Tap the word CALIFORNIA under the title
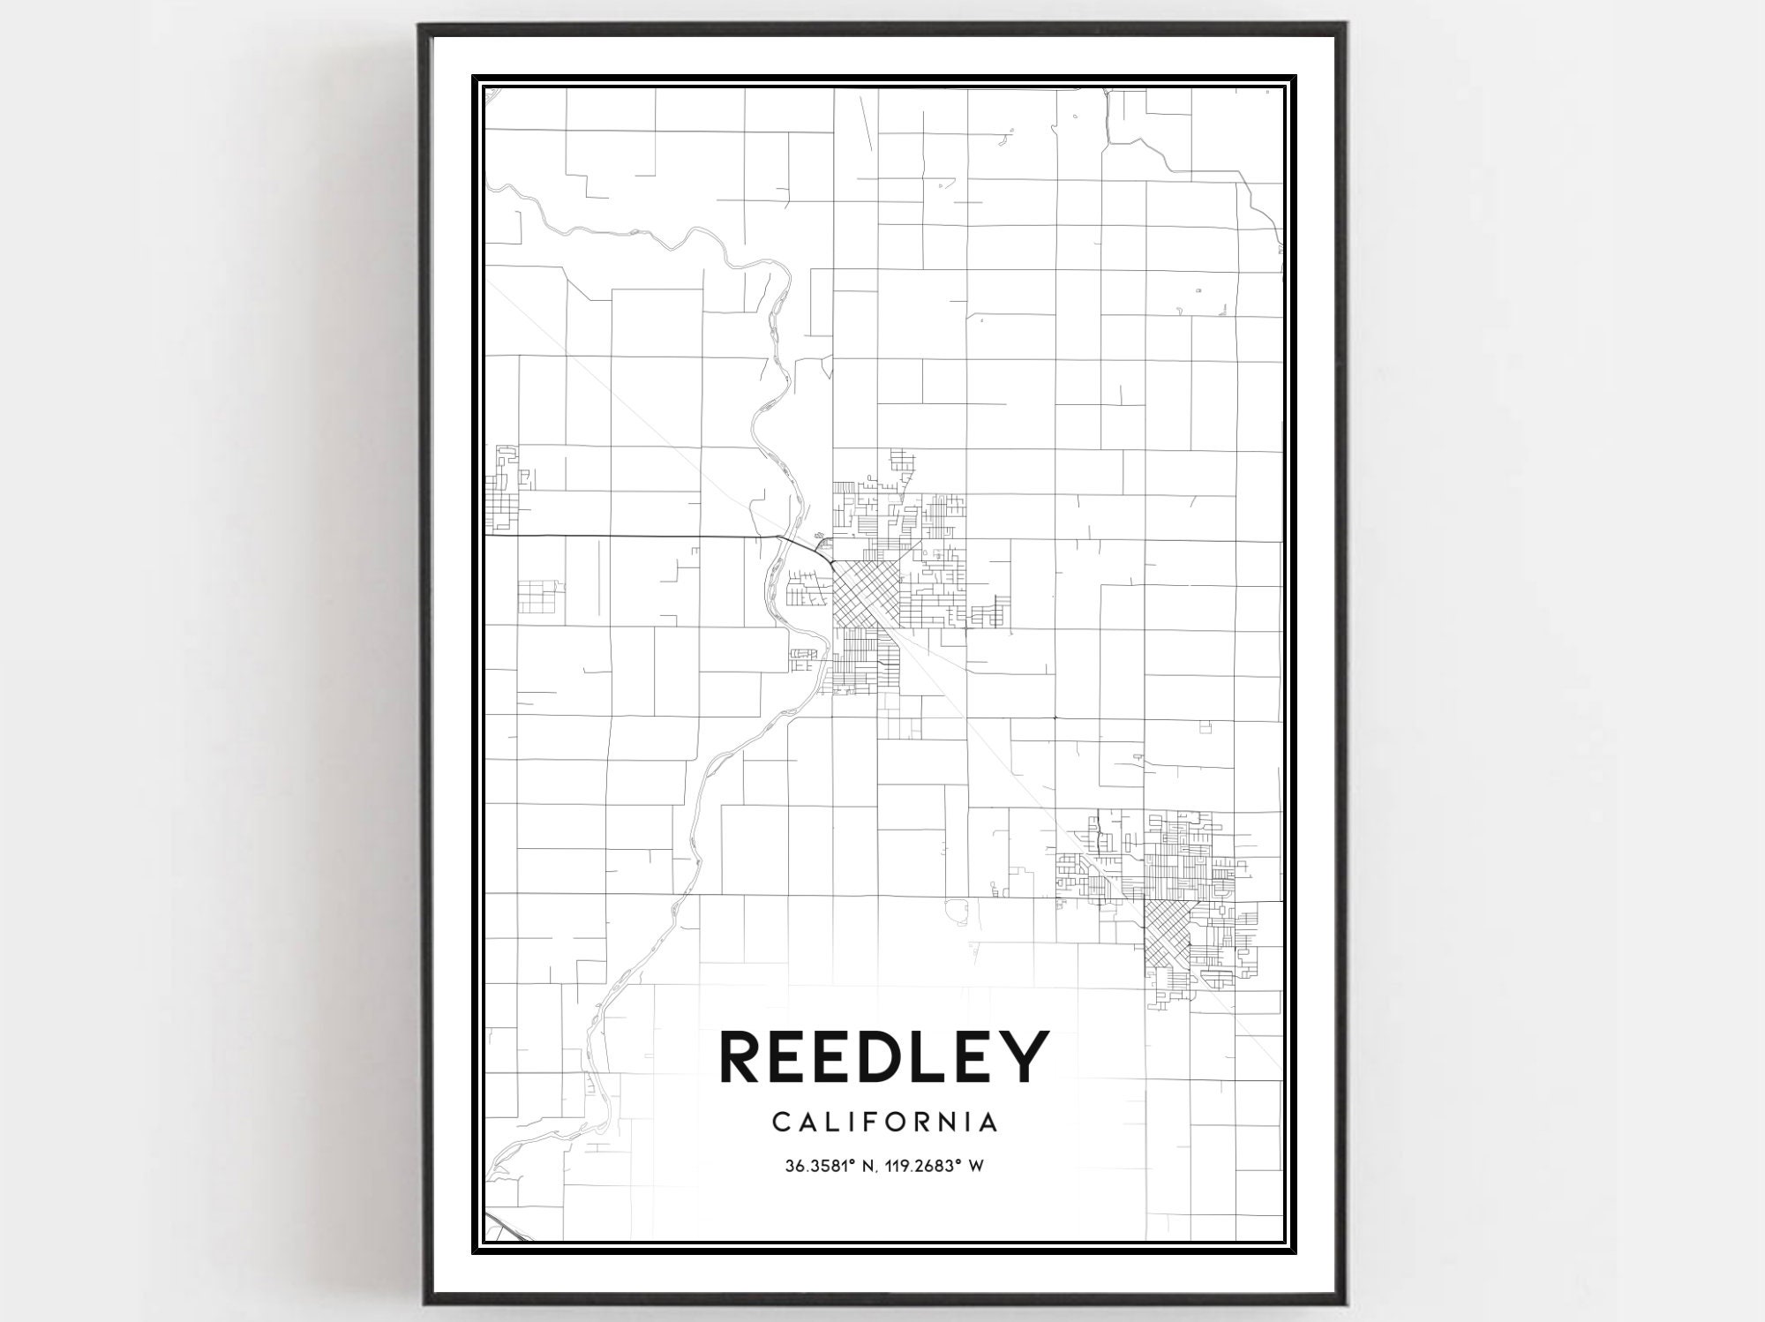[x=885, y=1123]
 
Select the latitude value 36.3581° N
[x=830, y=1167]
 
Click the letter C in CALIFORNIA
[x=781, y=1123]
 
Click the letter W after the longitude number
[x=977, y=1167]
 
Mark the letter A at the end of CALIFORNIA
[x=990, y=1123]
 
